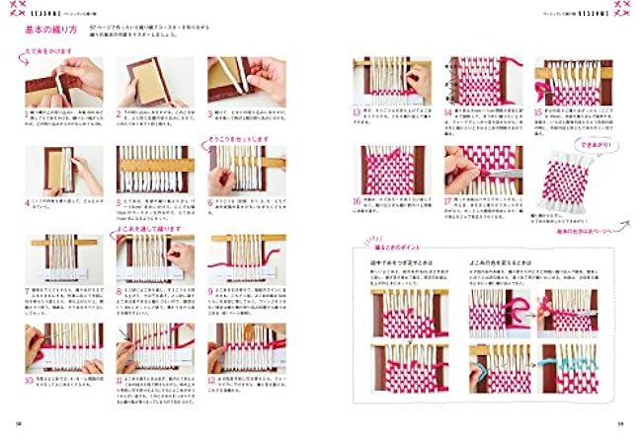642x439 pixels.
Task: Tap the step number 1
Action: point(27,113)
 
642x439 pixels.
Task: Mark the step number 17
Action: point(447,201)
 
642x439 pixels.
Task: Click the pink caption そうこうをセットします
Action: point(237,139)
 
